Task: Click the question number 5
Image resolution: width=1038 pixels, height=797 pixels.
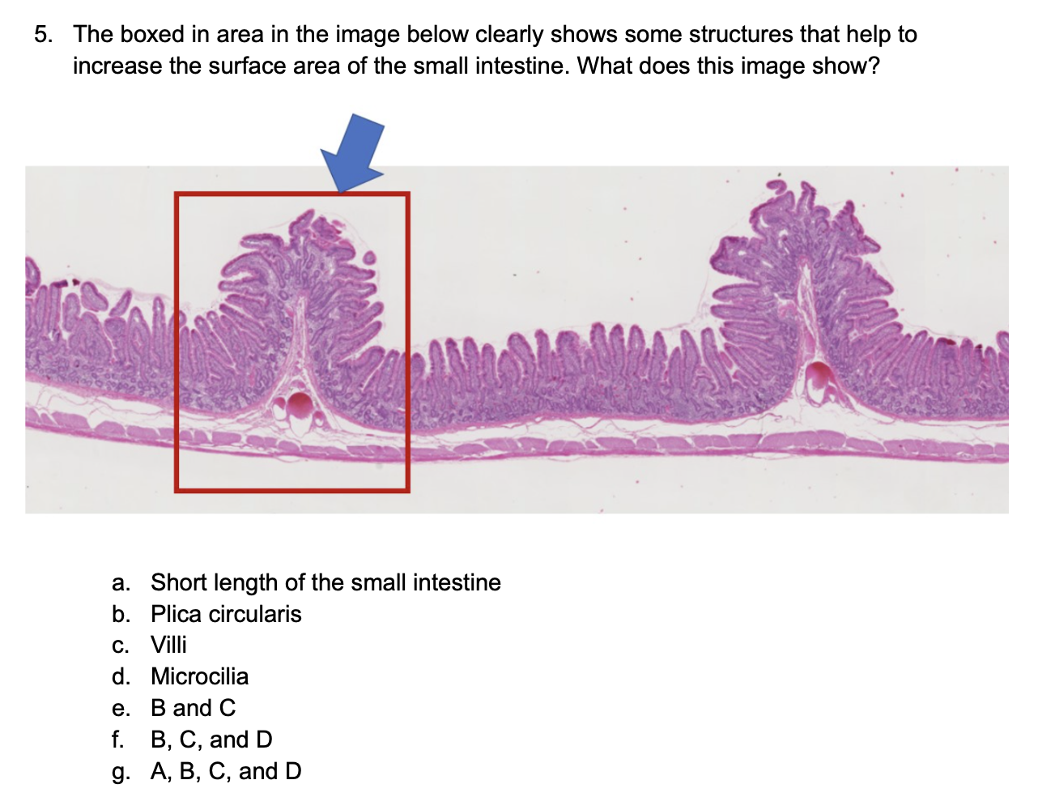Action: (44, 34)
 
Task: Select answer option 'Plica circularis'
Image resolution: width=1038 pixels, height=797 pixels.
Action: (226, 613)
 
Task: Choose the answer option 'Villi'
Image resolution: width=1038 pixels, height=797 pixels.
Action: (168, 645)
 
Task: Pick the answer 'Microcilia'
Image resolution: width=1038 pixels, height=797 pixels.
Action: (200, 676)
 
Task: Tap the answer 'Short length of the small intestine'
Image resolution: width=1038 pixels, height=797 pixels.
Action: (325, 582)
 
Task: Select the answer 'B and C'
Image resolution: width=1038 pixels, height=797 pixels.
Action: (193, 708)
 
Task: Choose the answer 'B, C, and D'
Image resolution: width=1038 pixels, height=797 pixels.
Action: (211, 739)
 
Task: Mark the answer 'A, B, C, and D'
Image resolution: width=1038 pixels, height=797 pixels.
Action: (226, 771)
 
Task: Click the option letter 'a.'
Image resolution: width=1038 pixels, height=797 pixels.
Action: (121, 583)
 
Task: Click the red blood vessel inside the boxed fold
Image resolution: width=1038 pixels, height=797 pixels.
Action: (300, 405)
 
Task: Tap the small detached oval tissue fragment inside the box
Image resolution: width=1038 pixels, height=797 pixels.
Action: (369, 258)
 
